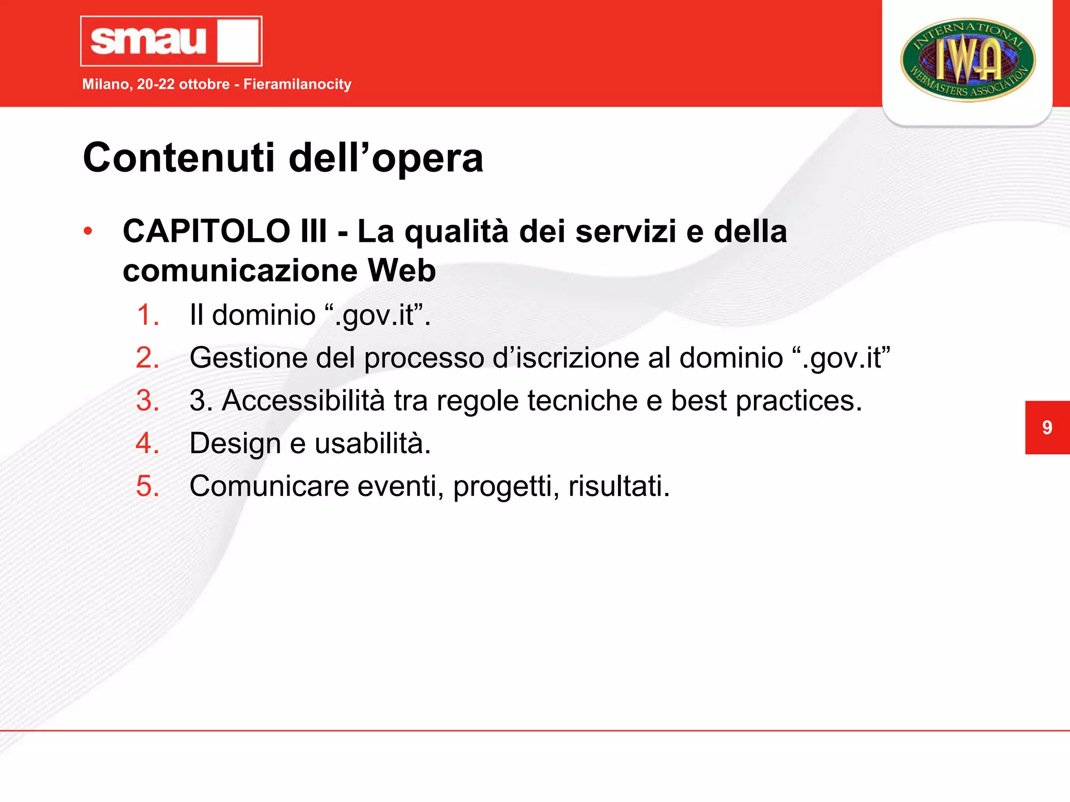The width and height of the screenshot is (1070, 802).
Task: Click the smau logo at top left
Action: coord(171,41)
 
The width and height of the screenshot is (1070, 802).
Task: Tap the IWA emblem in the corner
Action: coord(968,60)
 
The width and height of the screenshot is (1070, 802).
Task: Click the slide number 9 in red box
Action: coord(1046,428)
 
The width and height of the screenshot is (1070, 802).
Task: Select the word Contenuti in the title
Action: coord(178,158)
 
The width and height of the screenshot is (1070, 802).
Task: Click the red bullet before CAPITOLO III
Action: coord(88,231)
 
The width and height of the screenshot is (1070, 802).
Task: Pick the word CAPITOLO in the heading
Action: coord(206,231)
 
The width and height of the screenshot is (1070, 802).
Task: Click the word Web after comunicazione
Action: coord(401,270)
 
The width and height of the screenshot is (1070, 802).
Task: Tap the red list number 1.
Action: coord(147,315)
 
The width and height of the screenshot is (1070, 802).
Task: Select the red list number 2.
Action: coord(147,358)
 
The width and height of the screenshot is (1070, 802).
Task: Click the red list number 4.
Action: coord(147,444)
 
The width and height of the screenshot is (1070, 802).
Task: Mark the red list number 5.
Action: coord(147,487)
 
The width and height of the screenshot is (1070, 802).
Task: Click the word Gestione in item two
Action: coord(246,358)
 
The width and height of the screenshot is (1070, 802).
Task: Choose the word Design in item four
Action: coord(235,444)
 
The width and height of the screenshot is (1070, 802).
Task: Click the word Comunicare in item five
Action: coord(269,487)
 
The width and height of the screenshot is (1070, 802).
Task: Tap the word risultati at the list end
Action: coord(619,487)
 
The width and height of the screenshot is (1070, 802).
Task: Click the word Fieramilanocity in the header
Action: coord(297,84)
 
